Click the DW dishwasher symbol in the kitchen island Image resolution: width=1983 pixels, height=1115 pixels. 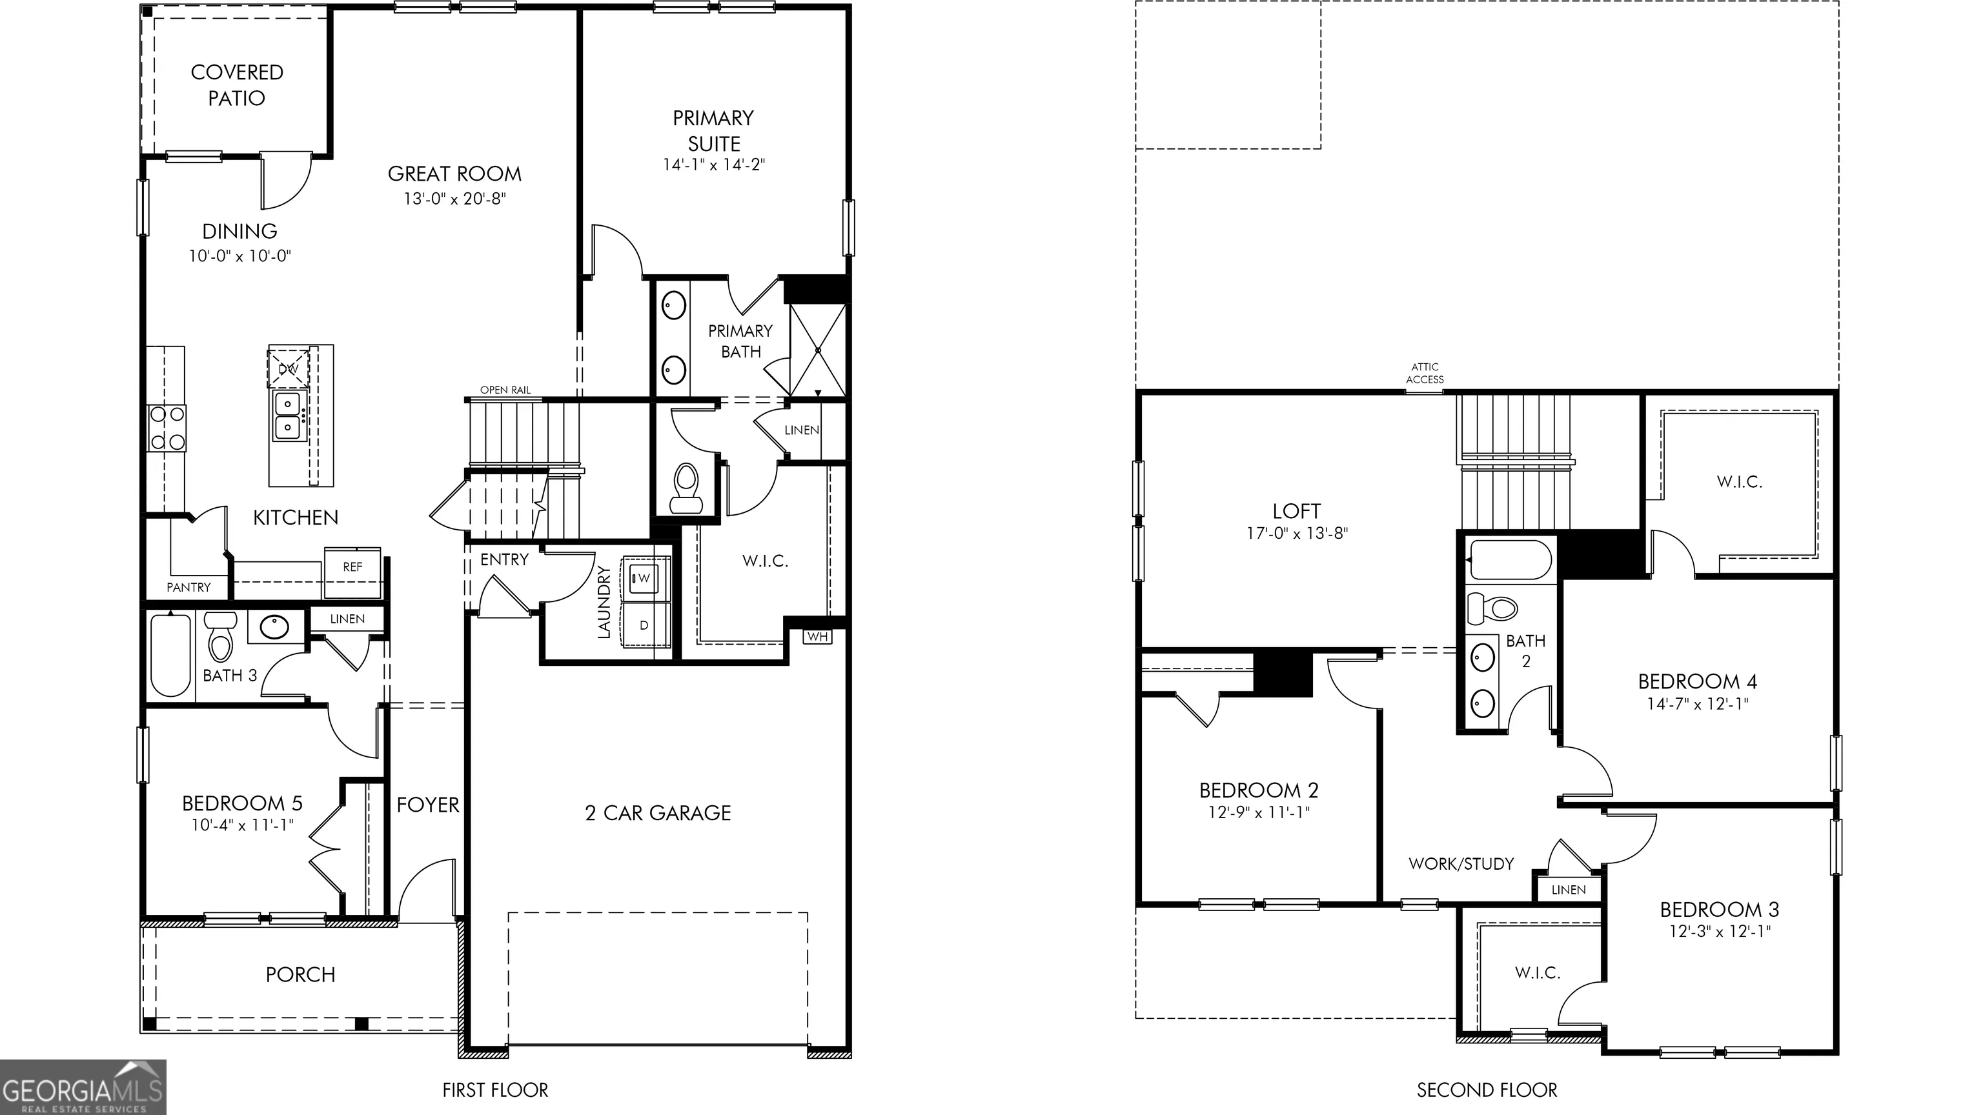click(288, 368)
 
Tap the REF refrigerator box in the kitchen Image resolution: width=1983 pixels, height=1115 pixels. click(352, 572)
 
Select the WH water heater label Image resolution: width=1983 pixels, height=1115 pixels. click(817, 636)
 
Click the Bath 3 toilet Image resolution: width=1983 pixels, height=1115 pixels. click(221, 636)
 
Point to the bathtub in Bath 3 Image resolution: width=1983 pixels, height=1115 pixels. click(170, 655)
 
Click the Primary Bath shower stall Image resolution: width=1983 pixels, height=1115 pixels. click(817, 350)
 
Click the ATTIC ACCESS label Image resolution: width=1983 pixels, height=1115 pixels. click(1425, 373)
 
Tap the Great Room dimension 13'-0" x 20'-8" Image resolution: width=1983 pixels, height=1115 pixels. click(455, 199)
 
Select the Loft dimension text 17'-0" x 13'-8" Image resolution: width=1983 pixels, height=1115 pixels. click(1297, 532)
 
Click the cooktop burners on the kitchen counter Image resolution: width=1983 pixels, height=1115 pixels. click(167, 428)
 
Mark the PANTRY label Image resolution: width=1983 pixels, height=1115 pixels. click(188, 587)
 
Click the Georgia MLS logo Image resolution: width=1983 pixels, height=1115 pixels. click(83, 1087)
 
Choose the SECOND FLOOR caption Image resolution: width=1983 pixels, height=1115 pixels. click(1487, 1090)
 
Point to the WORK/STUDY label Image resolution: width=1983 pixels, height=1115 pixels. click(1461, 863)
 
